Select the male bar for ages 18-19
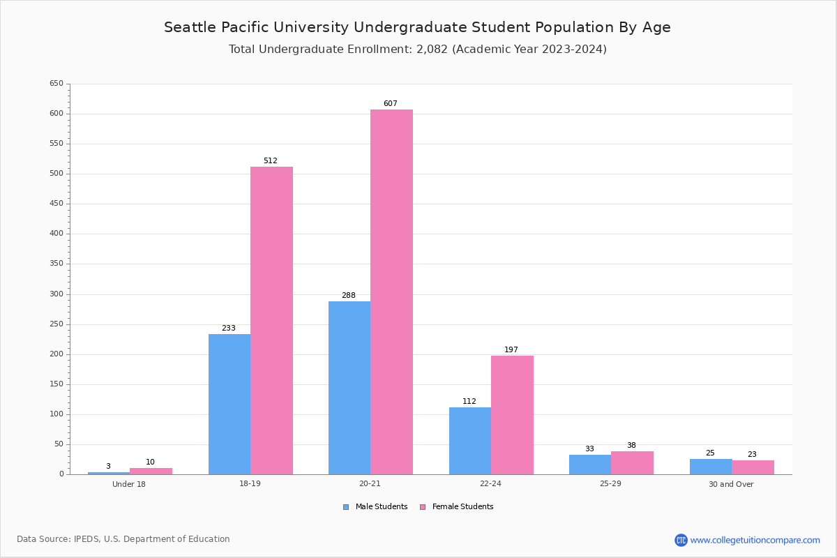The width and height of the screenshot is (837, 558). click(229, 404)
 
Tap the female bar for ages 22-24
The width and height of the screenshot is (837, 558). click(512, 415)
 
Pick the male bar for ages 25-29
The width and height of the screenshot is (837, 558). click(590, 465)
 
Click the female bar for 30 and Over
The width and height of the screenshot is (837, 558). click(753, 467)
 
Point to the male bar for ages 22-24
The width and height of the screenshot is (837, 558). click(470, 441)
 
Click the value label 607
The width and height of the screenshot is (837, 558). click(391, 104)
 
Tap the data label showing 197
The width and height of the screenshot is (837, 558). click(511, 350)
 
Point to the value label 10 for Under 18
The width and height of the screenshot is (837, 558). click(151, 462)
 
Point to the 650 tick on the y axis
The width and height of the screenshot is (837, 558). click(56, 84)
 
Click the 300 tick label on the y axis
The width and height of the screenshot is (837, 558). click(56, 294)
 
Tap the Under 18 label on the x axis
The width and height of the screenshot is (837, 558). click(129, 484)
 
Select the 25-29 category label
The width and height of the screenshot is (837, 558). click(611, 484)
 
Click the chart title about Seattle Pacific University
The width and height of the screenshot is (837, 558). click(417, 27)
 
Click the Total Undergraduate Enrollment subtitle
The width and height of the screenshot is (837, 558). click(417, 50)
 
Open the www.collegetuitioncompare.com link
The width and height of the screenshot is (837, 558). click(755, 540)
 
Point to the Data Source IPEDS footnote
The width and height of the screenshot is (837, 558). click(123, 539)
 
